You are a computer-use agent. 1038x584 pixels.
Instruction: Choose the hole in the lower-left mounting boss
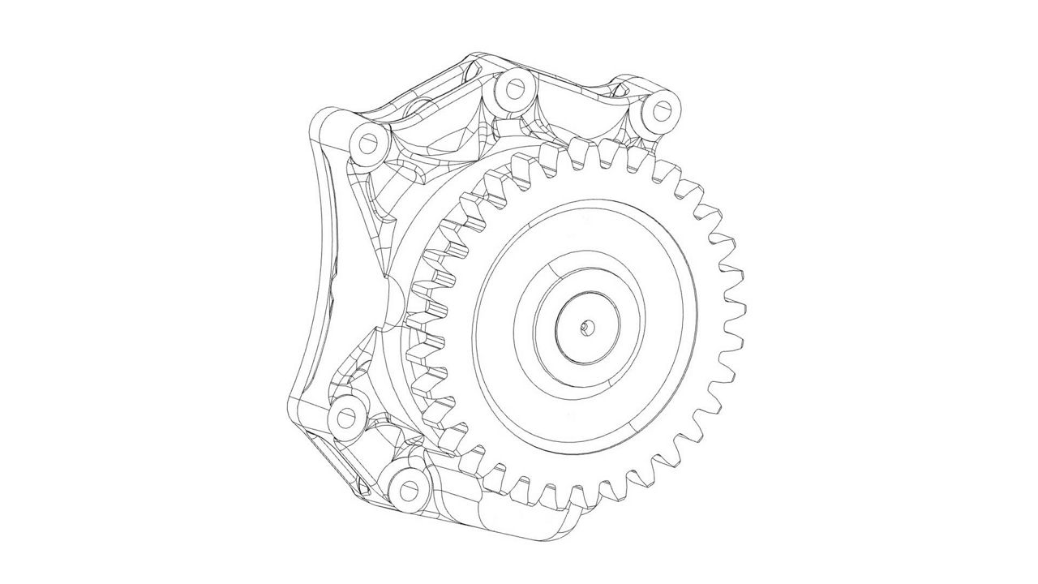tap(346, 416)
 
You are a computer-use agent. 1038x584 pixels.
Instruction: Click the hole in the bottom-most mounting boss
tap(405, 489)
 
